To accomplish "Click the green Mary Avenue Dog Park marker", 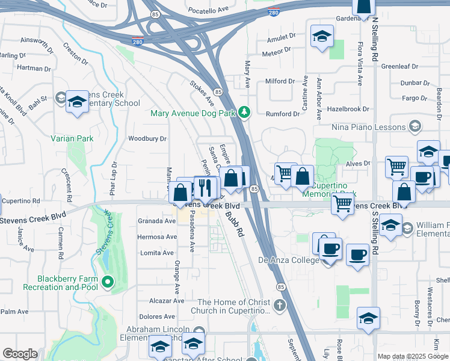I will pos(244,111).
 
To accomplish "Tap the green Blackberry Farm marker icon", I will pos(108,281).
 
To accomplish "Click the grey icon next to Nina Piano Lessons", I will pos(415,126).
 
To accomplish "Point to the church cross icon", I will pos(279,306).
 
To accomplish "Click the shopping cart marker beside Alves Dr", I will pos(396,167).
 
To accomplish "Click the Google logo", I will pos(20,354).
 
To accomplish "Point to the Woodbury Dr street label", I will pos(147,138).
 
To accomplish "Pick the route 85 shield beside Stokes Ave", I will pos(217,92).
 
